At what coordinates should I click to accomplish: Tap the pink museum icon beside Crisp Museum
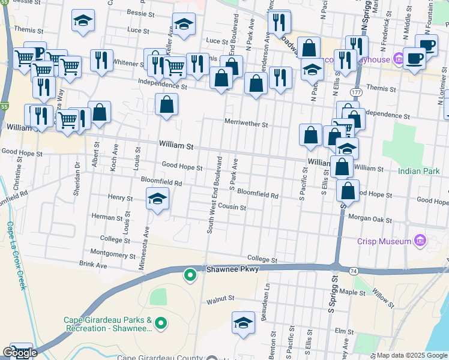(420, 242)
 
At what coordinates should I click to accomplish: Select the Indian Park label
(419, 172)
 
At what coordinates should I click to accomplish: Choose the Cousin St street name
(232, 208)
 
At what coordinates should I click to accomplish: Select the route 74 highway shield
(354, 271)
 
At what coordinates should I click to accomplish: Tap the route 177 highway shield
(356, 94)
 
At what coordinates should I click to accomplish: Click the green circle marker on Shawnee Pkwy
(190, 275)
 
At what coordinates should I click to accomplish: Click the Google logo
(20, 353)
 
